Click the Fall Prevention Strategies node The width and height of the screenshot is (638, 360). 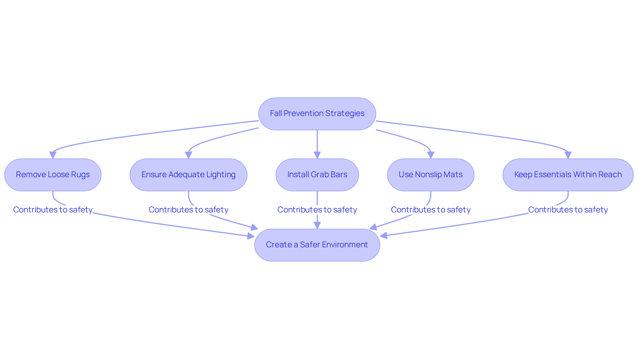point(317,114)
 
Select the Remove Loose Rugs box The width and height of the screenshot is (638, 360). point(53,175)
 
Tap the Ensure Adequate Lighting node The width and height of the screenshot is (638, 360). point(188,175)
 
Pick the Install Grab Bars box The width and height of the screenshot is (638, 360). point(317,175)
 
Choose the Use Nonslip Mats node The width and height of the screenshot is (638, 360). point(431,175)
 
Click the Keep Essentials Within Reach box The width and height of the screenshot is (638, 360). point(568,175)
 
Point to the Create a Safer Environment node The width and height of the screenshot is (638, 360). point(317,245)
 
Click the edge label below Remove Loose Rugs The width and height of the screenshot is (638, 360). point(53,210)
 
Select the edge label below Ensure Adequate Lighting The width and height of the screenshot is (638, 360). point(188,210)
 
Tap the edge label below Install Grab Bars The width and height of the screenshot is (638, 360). point(317,210)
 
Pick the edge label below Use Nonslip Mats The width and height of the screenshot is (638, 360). point(431,210)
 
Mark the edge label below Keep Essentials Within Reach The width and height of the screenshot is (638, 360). point(568,210)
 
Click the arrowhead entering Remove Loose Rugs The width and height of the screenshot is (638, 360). point(53,155)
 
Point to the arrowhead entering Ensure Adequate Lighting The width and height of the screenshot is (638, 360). point(188,155)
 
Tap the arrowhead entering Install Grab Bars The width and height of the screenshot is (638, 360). point(317,155)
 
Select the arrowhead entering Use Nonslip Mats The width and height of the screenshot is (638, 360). point(431,155)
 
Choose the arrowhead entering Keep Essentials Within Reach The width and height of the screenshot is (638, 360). point(568,155)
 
